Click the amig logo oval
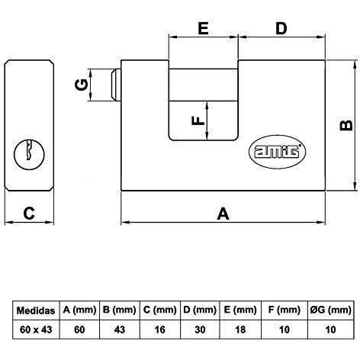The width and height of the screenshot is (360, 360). (x=277, y=152)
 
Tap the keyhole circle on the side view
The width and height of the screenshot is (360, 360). (x=29, y=154)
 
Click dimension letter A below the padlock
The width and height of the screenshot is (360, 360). (x=223, y=214)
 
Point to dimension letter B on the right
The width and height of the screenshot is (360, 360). (x=346, y=125)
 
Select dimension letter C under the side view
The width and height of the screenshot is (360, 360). (x=29, y=214)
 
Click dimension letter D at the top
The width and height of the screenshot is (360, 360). (x=281, y=28)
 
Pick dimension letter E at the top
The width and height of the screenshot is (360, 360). (x=203, y=28)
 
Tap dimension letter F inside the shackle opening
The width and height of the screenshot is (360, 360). (x=198, y=121)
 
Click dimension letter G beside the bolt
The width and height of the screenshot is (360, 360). (x=82, y=85)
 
